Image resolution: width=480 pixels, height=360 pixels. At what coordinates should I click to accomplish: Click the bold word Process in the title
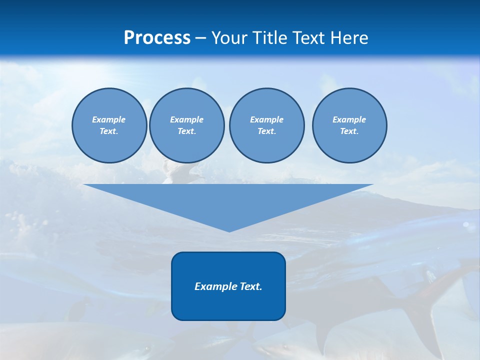point(157,38)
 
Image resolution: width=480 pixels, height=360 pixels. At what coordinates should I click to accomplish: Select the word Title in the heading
point(271,38)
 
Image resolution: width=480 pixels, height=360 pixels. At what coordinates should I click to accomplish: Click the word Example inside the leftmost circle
point(109,119)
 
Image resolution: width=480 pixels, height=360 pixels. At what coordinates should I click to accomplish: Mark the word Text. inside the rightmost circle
point(349,131)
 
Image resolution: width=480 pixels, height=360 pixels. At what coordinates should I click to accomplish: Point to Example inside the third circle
point(266,119)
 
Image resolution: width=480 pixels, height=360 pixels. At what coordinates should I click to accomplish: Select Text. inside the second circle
point(187,131)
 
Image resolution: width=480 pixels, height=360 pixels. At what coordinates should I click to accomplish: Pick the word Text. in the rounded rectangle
point(249,286)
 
